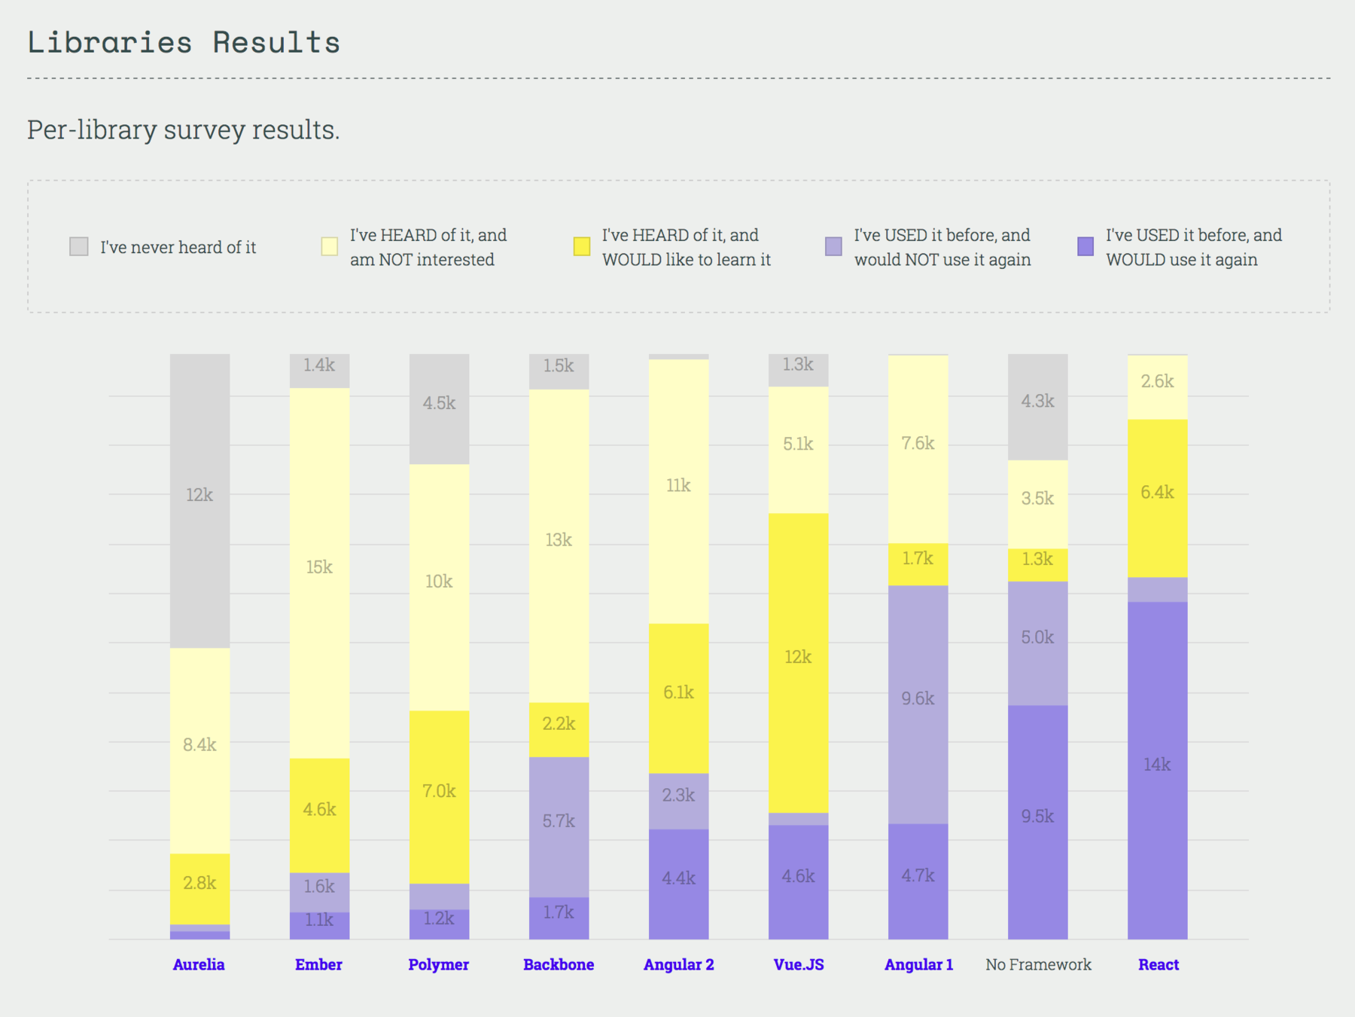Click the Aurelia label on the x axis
tap(199, 964)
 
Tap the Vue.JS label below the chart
tap(799, 964)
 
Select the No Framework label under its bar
tap(1038, 964)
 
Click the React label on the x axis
tap(1159, 964)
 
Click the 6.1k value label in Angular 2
tap(678, 692)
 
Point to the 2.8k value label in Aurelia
tap(199, 883)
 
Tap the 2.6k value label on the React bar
tap(1157, 381)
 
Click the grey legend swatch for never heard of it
tap(79, 246)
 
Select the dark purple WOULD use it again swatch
tap(1086, 246)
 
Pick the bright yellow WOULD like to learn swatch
tap(582, 246)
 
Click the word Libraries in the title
tap(110, 42)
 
